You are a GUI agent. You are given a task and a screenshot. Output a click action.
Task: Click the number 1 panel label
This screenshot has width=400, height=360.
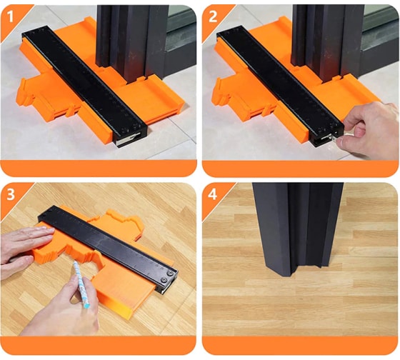(10, 16)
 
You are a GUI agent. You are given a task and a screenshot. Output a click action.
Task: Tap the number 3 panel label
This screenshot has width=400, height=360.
(11, 194)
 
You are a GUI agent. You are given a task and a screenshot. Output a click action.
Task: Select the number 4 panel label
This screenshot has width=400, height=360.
(213, 194)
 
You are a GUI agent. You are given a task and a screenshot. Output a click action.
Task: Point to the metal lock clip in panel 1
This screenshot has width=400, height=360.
(128, 139)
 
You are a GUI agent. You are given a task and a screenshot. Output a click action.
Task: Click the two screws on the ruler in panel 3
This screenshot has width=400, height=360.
(166, 276)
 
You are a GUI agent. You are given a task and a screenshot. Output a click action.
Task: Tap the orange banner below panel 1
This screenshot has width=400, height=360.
(99, 169)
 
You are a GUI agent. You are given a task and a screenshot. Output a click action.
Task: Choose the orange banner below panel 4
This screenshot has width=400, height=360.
(300, 345)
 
